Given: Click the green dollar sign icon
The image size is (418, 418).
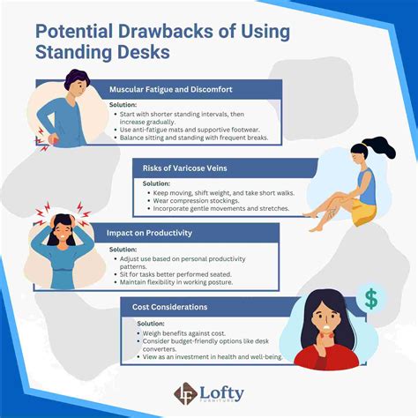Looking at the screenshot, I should (x=371, y=298).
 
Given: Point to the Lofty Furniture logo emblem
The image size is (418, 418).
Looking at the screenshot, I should (x=185, y=394).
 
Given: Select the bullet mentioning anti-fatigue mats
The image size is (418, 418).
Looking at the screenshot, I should (x=189, y=131).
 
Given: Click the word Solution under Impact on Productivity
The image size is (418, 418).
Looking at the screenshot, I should (x=123, y=250).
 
